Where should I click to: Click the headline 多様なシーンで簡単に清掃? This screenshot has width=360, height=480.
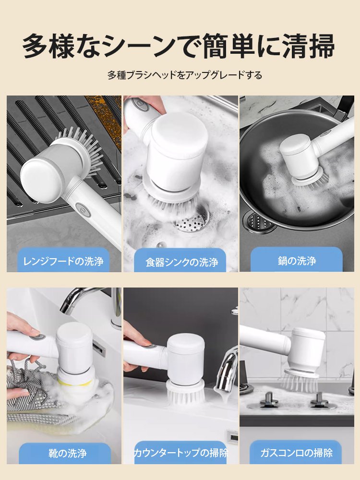tap(179, 46)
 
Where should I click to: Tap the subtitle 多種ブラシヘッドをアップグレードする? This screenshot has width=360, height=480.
tap(185, 75)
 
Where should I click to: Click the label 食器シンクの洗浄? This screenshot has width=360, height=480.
tap(182, 262)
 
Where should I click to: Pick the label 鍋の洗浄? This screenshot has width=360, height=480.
tap(296, 261)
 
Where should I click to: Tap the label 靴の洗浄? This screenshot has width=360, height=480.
tap(64, 453)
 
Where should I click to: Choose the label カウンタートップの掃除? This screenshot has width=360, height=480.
tap(180, 453)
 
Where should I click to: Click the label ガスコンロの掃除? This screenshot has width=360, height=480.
tap(296, 453)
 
